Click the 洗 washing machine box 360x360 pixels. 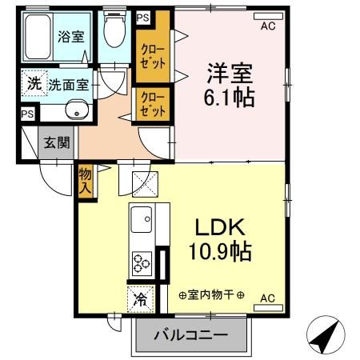(x=34, y=82)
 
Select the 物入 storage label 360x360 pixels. (x=85, y=181)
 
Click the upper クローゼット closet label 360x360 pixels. (x=150, y=54)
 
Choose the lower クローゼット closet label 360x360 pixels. (x=151, y=103)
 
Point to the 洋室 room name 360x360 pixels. (x=230, y=74)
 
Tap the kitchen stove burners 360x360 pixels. (x=142, y=263)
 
